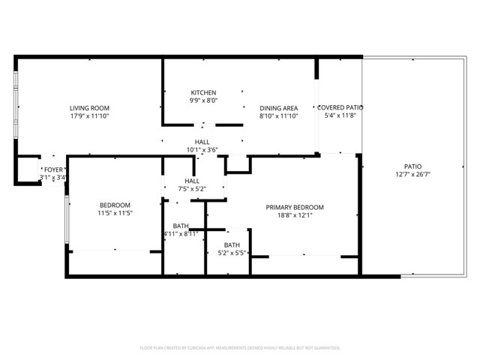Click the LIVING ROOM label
89,108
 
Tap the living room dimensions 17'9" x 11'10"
89,116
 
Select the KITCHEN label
202,93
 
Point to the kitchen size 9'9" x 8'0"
202,100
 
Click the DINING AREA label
279,108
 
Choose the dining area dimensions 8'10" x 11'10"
279,116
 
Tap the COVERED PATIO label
340,108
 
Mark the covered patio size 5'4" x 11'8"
340,116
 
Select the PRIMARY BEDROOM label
295,207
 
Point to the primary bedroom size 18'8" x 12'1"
295,215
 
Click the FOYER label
52,170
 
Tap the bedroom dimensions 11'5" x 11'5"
115,214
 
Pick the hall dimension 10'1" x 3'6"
202,149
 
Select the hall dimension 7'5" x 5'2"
192,189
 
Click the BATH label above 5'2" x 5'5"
232,244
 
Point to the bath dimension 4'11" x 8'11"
181,234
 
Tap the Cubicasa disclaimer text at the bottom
240,348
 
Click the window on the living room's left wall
17,106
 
